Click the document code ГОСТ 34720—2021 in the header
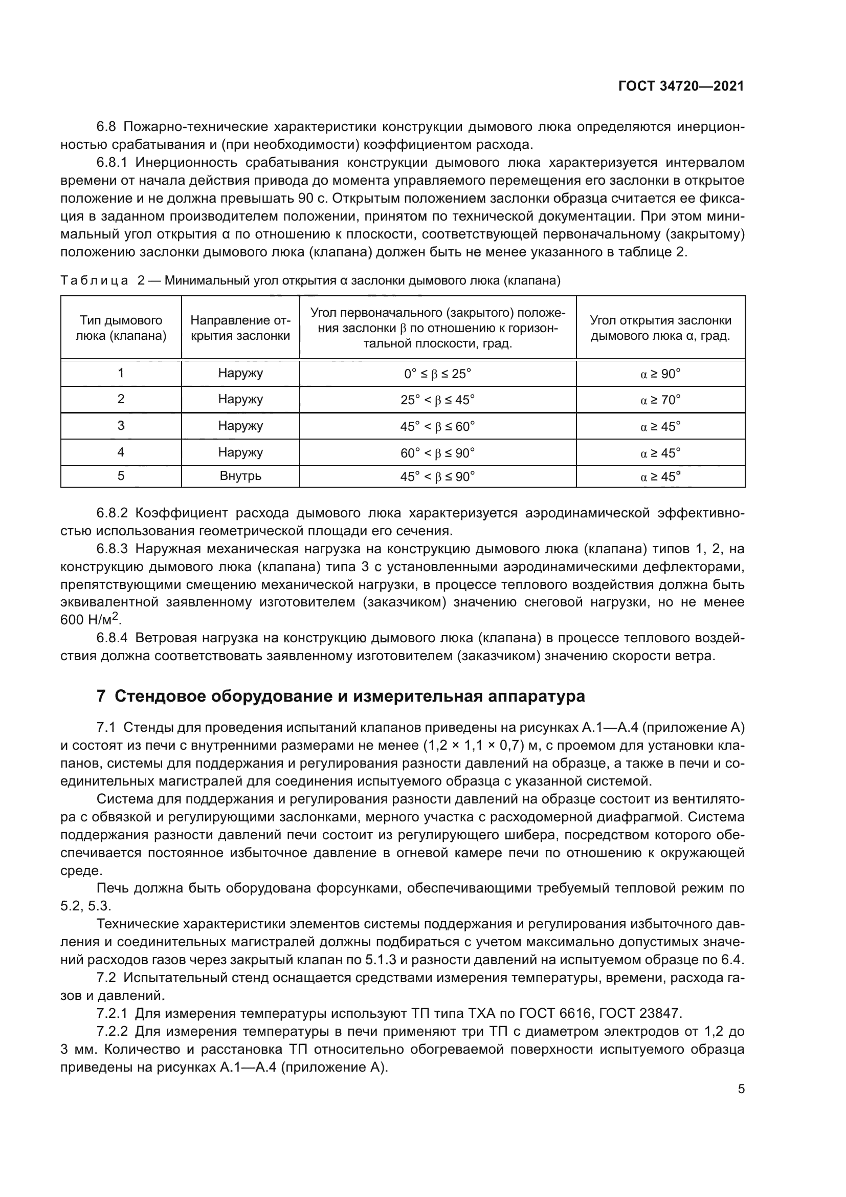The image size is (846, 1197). [681, 86]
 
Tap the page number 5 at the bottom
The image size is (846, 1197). [741, 1089]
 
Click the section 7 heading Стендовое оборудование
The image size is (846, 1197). [341, 696]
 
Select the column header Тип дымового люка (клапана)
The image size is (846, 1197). [121, 328]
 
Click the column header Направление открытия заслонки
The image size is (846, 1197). [240, 328]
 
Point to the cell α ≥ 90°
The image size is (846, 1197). [660, 374]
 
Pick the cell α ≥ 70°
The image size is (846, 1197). [660, 400]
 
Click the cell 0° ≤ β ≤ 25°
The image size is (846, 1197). [438, 374]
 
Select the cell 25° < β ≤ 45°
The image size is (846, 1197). [438, 400]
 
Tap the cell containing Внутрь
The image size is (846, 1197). [240, 476]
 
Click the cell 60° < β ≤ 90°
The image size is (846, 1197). [438, 453]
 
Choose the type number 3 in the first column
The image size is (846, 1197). [121, 426]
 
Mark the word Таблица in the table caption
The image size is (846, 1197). [94, 281]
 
